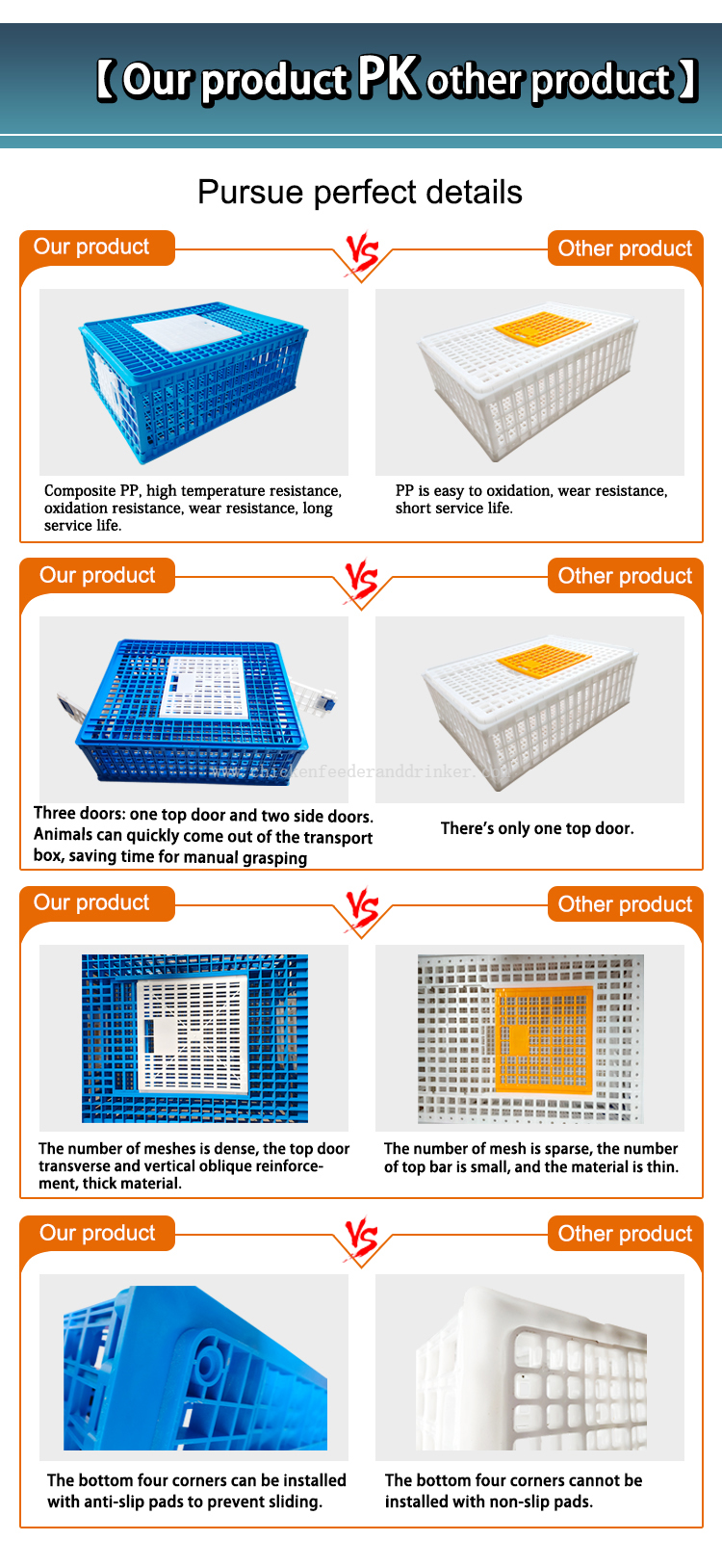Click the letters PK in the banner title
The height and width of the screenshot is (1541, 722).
tap(387, 76)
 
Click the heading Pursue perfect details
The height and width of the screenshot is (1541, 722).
tap(360, 192)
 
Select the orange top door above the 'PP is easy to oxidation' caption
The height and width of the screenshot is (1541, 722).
tap(543, 326)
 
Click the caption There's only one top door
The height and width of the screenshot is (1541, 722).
tap(537, 828)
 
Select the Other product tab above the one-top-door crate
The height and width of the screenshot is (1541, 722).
tap(625, 576)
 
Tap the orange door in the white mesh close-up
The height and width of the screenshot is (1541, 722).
tap(543, 1039)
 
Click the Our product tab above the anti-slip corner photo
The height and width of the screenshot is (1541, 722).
tap(97, 1233)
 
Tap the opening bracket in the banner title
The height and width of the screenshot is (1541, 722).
tap(105, 80)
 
